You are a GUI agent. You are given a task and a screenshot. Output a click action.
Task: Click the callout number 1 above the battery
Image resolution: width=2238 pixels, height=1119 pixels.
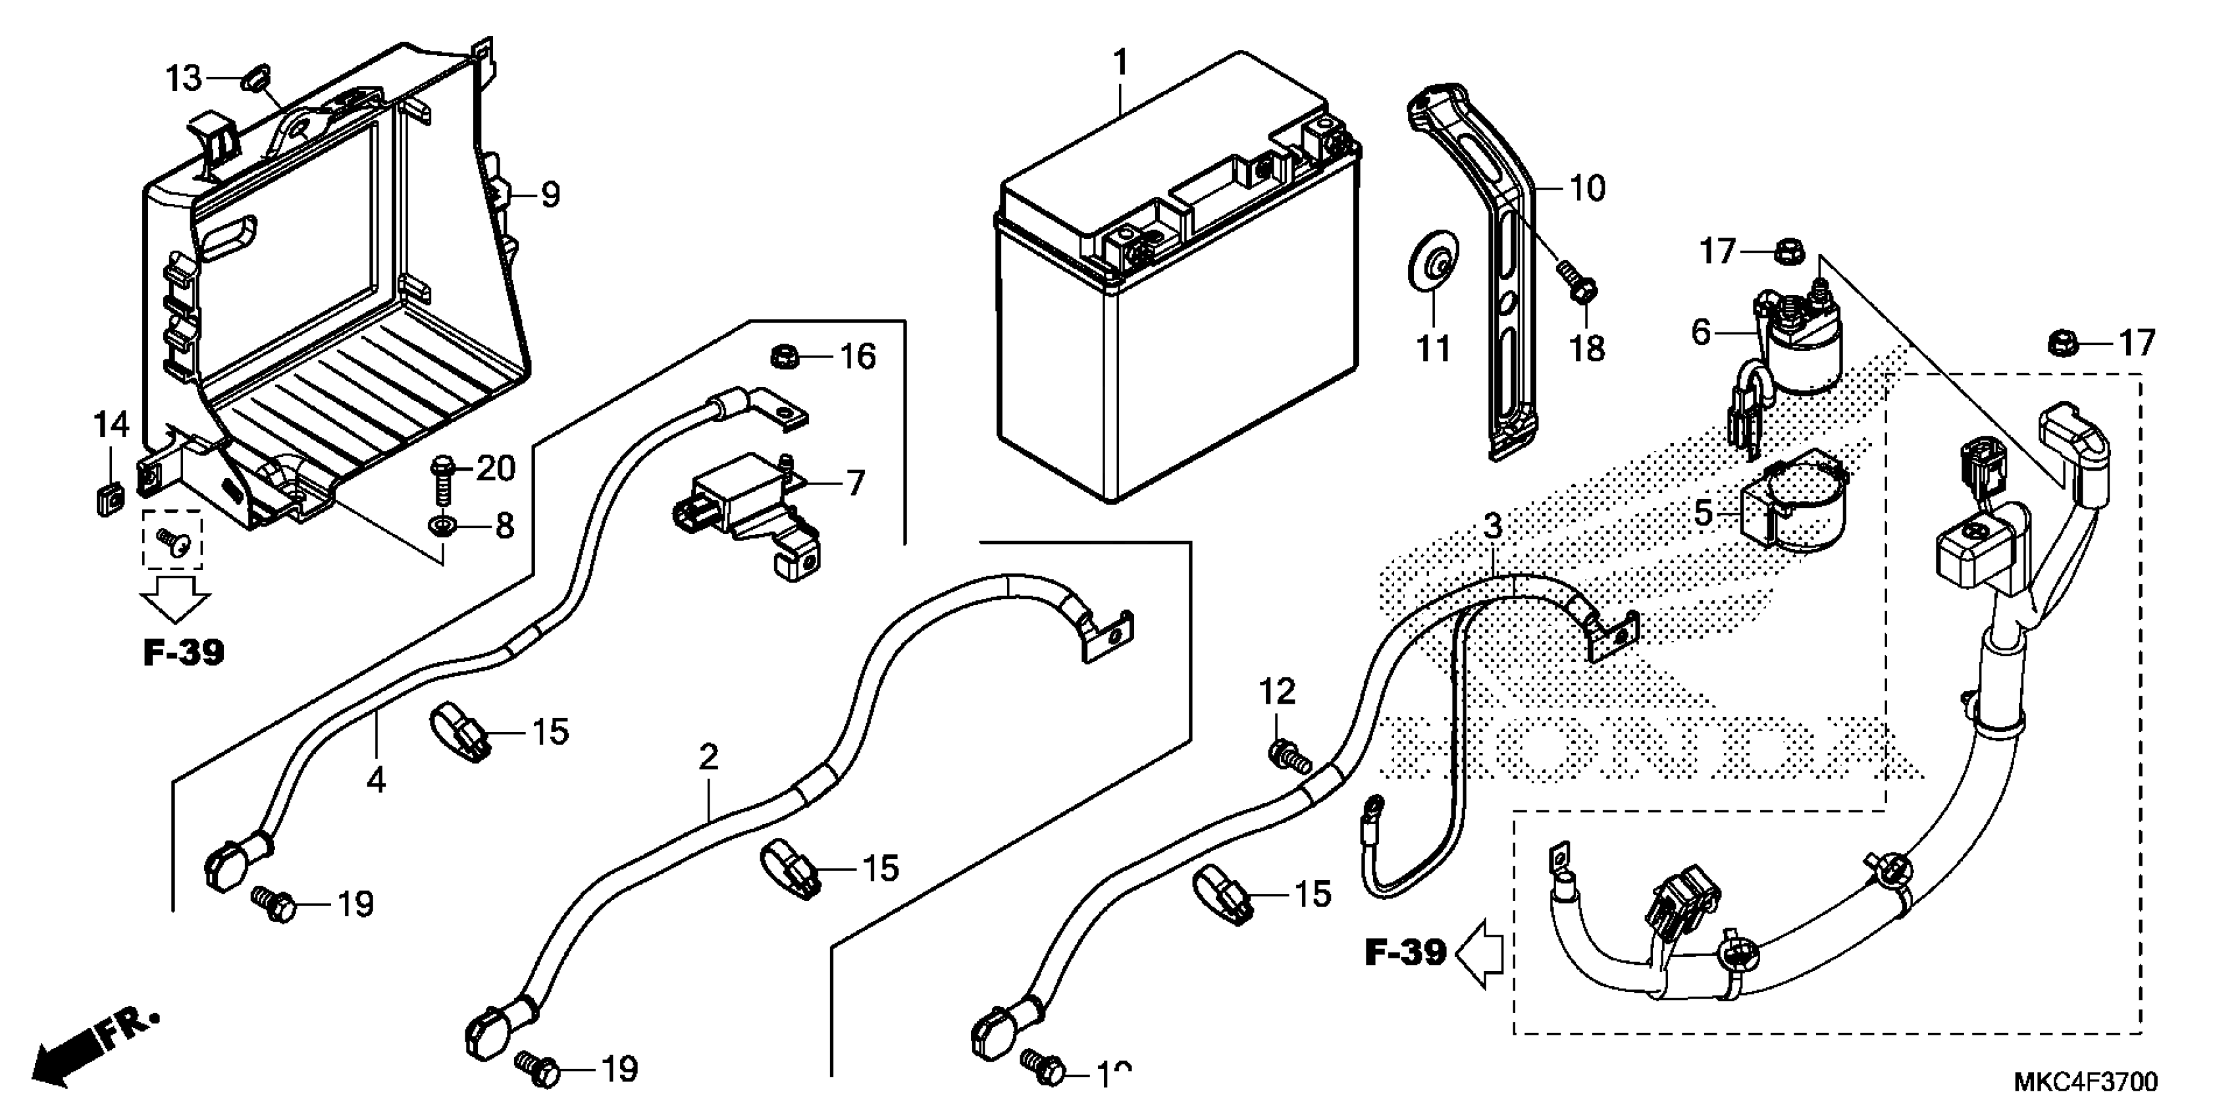[x=1121, y=63]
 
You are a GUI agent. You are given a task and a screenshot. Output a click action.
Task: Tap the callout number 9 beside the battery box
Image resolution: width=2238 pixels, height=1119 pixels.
[x=550, y=195]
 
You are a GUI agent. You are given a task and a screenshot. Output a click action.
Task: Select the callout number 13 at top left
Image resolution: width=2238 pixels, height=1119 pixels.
[x=183, y=79]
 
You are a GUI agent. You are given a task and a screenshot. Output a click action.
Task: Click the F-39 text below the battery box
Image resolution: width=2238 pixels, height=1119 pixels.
[x=183, y=652]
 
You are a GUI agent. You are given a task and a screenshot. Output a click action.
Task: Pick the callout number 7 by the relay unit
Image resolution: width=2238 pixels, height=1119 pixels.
[x=855, y=483]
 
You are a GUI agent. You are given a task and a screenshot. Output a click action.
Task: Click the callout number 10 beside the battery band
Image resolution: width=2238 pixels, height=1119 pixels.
[x=1587, y=188]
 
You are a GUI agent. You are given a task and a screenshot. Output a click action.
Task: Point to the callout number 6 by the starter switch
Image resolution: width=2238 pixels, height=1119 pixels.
[x=1700, y=331]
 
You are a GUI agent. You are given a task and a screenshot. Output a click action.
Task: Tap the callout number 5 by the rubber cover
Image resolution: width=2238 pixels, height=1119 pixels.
[x=1703, y=513]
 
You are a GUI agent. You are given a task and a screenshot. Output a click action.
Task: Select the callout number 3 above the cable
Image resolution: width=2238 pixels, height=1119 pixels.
[x=1492, y=527]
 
